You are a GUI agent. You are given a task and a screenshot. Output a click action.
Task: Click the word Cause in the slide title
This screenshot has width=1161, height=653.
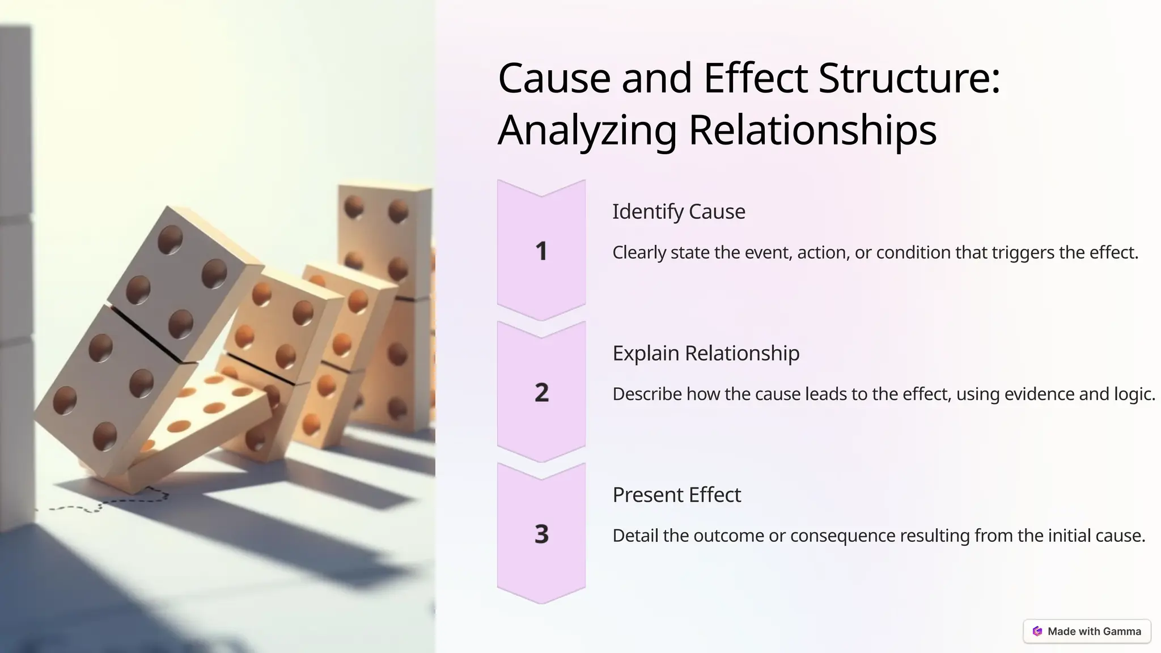(554, 78)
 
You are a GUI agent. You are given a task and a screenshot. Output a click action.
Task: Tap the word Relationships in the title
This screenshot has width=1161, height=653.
(812, 130)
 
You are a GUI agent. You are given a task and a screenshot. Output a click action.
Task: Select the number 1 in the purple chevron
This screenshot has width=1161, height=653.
(541, 251)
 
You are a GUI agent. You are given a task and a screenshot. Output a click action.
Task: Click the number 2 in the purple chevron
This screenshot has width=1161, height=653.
(541, 392)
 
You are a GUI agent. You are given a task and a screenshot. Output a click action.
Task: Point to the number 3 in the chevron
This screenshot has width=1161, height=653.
(541, 534)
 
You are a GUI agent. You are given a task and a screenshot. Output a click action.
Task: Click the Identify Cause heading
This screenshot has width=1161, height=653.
(679, 211)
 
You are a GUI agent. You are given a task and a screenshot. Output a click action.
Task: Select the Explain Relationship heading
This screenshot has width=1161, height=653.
(706, 353)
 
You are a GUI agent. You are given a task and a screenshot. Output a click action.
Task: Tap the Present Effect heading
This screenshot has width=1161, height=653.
(676, 495)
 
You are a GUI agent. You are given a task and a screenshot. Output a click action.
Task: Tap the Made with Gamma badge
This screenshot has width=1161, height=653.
(1087, 631)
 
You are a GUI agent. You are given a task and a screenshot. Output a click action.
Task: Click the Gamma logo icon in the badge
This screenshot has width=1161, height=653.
(1037, 631)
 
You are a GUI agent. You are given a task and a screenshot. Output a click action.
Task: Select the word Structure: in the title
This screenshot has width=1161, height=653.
(909, 78)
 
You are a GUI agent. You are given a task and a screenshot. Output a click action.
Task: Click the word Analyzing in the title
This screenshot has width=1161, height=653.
(587, 130)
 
